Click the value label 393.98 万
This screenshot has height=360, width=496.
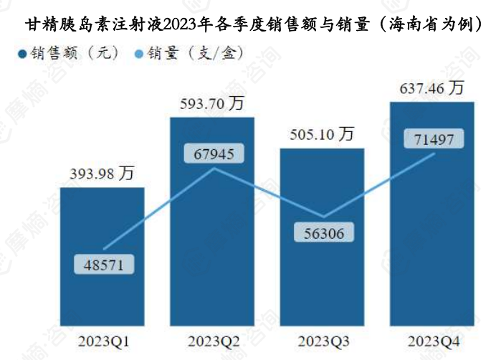point(102,174)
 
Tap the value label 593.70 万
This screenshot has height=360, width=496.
point(212,104)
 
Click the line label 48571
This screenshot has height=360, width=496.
point(103,265)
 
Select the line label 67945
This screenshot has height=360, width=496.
point(214,153)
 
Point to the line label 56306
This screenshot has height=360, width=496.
point(323,232)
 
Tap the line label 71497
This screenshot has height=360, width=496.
point(434,139)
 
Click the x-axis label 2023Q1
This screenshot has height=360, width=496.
point(102,338)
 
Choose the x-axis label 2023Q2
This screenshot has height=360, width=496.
point(212,338)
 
